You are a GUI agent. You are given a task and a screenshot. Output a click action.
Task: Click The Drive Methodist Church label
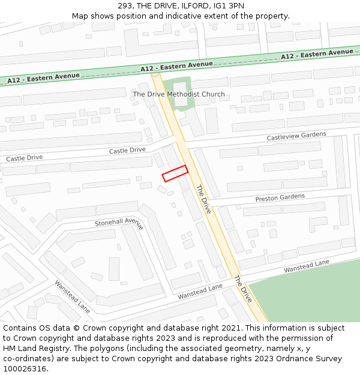point(179,94)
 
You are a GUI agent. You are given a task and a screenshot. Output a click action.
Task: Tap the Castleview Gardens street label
point(296,137)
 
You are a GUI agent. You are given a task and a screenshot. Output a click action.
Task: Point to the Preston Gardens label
point(280,197)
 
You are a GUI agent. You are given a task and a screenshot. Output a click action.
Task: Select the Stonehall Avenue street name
point(119,223)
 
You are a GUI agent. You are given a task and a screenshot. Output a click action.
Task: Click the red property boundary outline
point(175,173)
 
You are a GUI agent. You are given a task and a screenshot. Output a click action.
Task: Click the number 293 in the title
point(125,6)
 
